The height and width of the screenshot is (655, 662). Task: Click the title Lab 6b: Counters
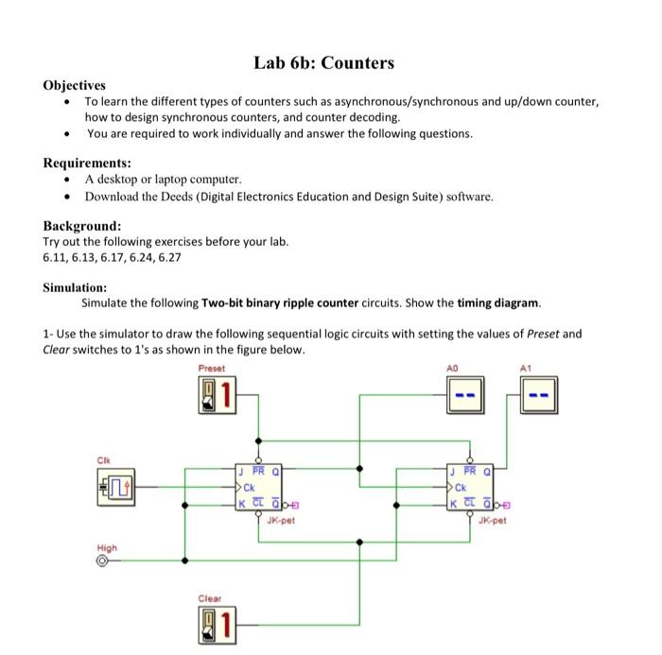tap(323, 63)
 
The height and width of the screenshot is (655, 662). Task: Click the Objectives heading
tap(75, 85)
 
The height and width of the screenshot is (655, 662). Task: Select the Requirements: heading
tap(87, 163)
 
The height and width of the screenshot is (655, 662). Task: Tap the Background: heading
tap(82, 226)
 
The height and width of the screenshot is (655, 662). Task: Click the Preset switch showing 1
tap(218, 393)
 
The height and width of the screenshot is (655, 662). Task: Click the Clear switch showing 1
tap(218, 621)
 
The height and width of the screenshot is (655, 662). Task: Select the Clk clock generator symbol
tap(116, 489)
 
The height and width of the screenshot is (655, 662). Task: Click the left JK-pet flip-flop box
tap(259, 488)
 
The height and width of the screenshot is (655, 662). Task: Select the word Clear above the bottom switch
tap(210, 597)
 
